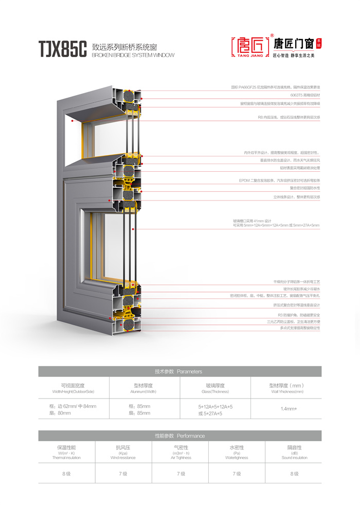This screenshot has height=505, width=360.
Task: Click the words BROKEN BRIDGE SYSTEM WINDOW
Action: tap(133, 55)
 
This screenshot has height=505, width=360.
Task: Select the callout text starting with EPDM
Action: tap(279, 181)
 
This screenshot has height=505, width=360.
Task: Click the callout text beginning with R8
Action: tap(289, 117)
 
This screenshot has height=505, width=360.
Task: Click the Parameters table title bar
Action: tap(179, 371)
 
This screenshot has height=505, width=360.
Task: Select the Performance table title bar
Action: tap(179, 436)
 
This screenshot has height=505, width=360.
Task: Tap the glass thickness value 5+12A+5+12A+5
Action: tap(215, 406)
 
